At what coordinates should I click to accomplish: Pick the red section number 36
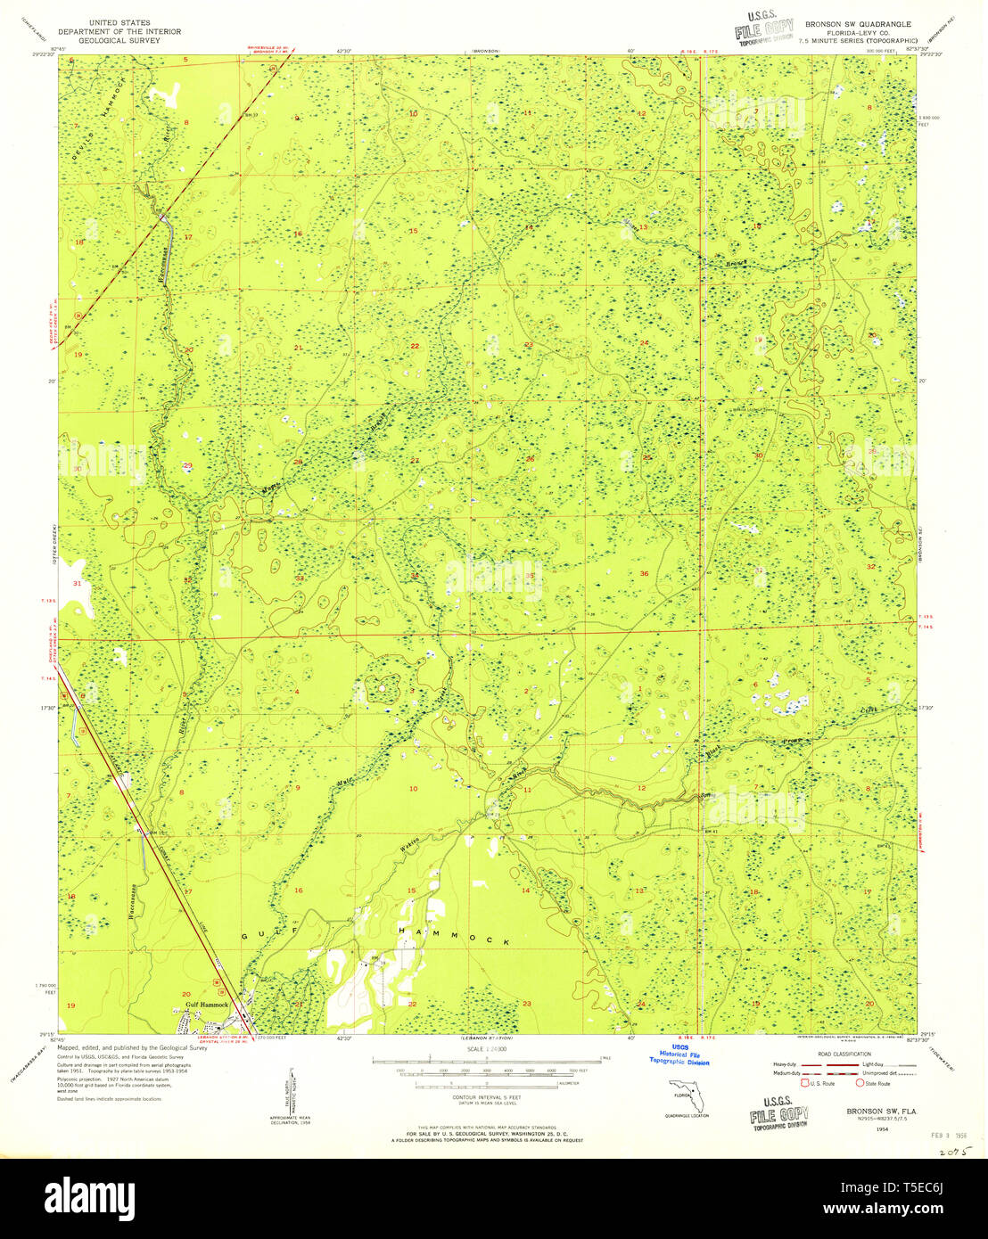click(x=644, y=573)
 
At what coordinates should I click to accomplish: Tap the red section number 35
click(x=529, y=576)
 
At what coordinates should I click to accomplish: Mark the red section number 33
click(x=300, y=578)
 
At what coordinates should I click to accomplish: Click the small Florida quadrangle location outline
click(x=687, y=1095)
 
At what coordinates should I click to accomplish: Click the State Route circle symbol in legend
click(x=860, y=1083)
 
